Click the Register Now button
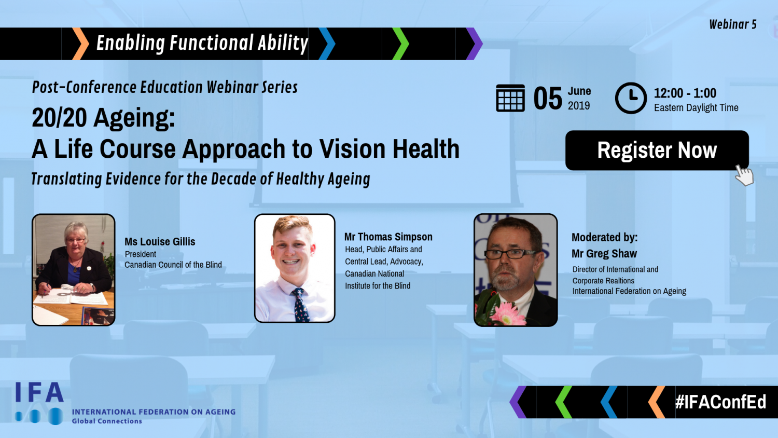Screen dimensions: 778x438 pos(657,150)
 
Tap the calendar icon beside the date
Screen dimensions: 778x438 pos(510,98)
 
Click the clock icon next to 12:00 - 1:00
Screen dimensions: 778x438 pos(631,98)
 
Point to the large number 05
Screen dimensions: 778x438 pos(548,99)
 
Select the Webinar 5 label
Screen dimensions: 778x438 pos(733,24)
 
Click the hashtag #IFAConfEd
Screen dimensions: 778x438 pos(721,402)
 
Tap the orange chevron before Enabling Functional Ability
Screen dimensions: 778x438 pos(80,44)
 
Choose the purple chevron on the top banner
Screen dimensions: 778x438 pos(474,44)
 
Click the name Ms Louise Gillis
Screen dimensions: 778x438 pos(160,242)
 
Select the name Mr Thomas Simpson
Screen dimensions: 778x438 pos(388,237)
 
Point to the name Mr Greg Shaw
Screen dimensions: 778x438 pos(604,253)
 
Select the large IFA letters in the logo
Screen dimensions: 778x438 pos(39,392)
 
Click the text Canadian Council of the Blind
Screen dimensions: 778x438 pos(173,265)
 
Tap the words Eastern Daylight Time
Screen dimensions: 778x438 pos(696,108)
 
